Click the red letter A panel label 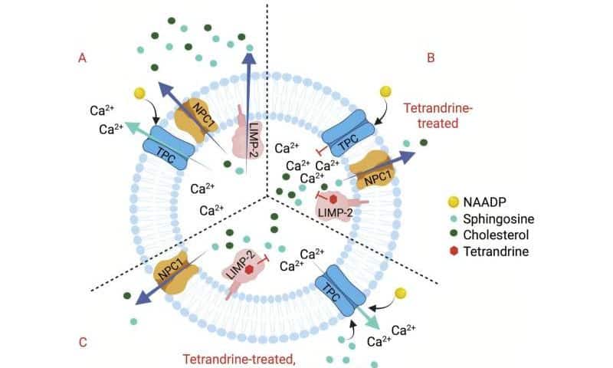pyautogui.click(x=80, y=56)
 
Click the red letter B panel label pyautogui.click(x=430, y=56)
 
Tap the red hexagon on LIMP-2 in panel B pyautogui.click(x=333, y=198)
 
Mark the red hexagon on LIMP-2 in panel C pyautogui.click(x=250, y=269)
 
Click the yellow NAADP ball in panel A pyautogui.click(x=139, y=94)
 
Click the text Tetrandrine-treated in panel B pyautogui.click(x=438, y=114)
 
